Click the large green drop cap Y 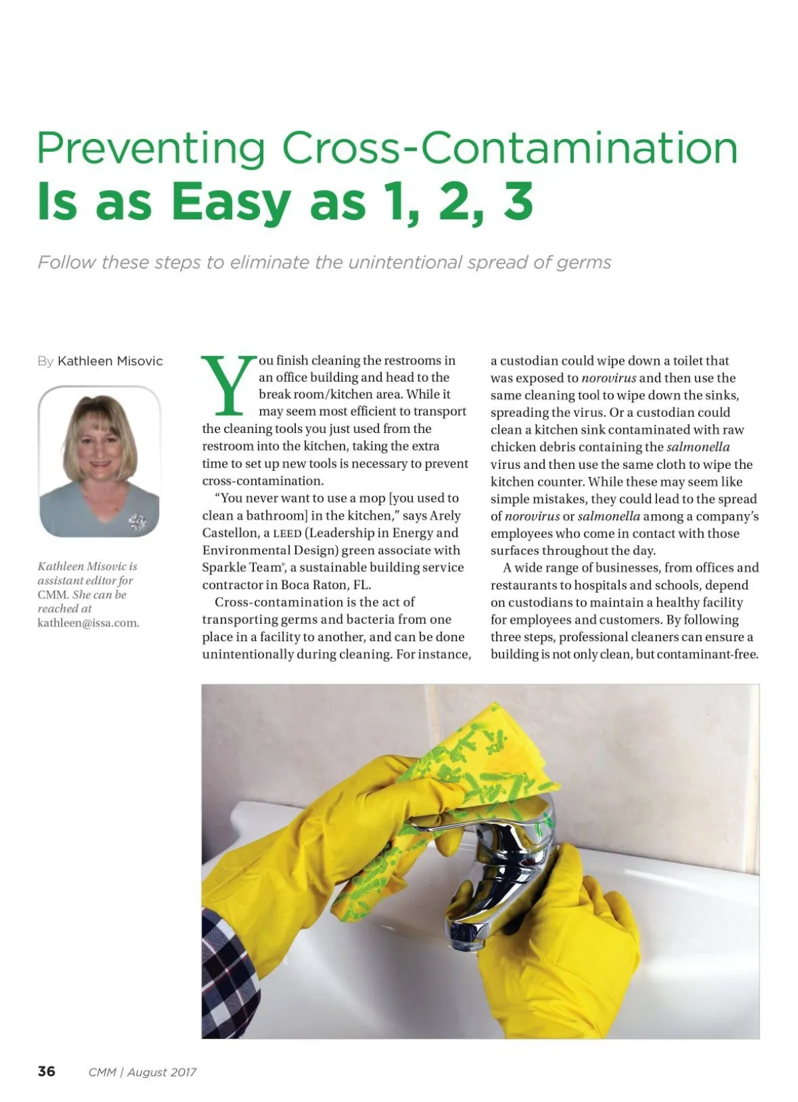228,385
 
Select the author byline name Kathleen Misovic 110,361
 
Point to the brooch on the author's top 138,521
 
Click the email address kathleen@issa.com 88,623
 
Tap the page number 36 47,1071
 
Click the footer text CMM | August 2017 142,1072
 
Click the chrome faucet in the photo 505,865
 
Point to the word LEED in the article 287,533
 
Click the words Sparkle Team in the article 241,568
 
